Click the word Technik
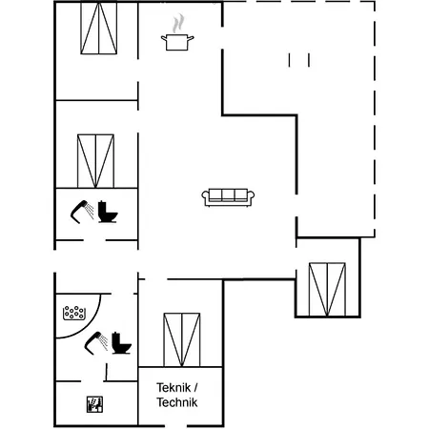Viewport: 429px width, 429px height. click(x=176, y=403)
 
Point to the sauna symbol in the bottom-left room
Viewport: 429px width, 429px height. click(x=95, y=403)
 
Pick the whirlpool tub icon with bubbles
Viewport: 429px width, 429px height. click(x=74, y=312)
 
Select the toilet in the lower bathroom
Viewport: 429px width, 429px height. click(x=121, y=342)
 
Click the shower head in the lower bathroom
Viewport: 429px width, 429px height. click(x=94, y=342)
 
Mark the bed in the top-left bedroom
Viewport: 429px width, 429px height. click(x=97, y=30)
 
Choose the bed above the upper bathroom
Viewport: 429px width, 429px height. click(x=95, y=160)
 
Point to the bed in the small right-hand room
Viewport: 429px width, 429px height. click(x=326, y=287)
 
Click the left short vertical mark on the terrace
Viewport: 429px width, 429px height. click(x=289, y=60)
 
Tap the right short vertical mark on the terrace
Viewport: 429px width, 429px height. click(x=308, y=60)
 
